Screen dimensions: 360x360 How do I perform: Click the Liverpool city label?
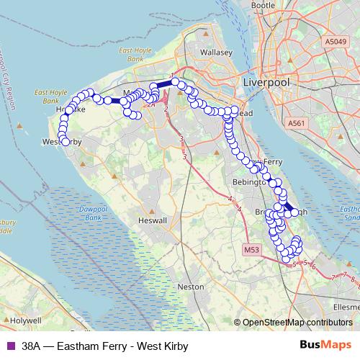pos(266,83)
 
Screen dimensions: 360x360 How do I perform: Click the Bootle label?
pos(264,5)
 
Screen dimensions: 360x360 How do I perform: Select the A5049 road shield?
pos(335,42)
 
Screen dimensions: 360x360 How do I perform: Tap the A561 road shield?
pos(297,124)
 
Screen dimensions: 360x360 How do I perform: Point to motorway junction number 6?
pos(314,267)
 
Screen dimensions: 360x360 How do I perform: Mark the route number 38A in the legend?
pos(32,346)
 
